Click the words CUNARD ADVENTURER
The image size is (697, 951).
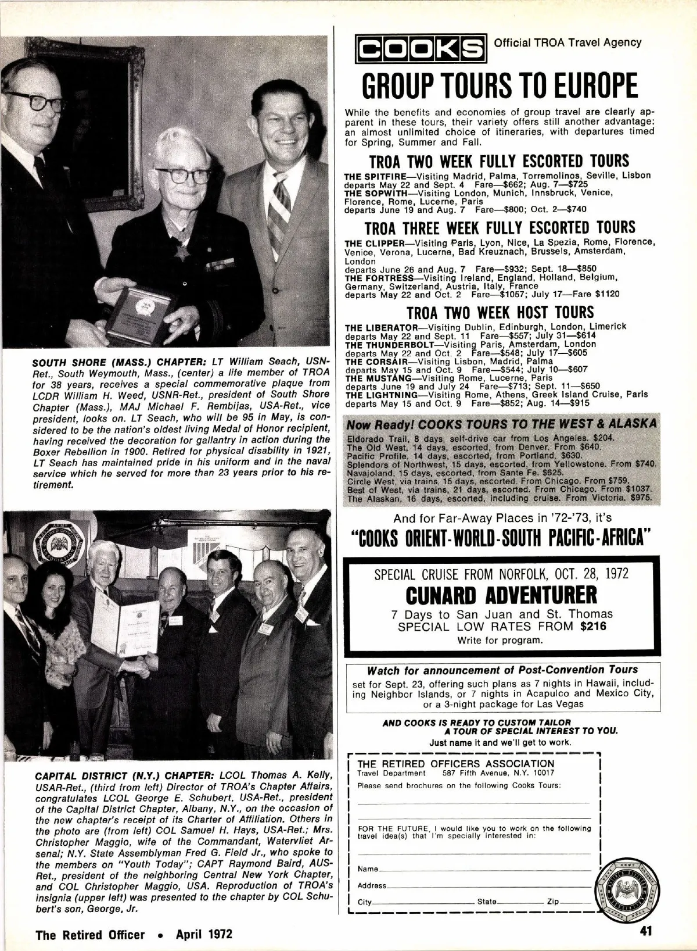[x=500, y=595]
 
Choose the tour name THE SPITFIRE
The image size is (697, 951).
[x=373, y=175]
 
